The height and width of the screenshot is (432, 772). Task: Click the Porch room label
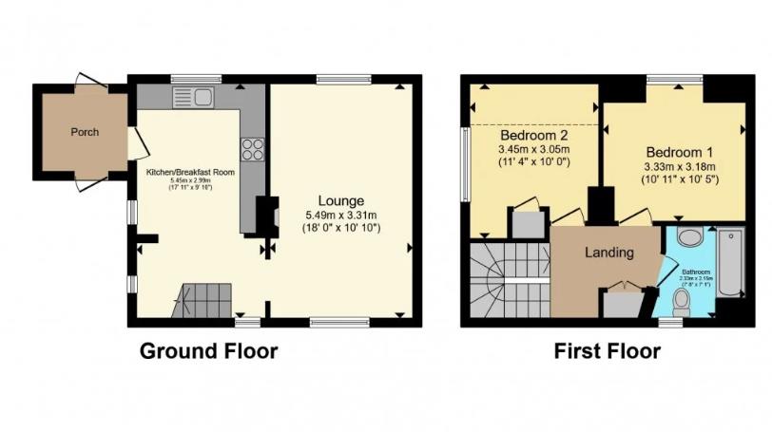(85, 132)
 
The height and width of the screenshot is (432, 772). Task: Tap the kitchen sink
(196, 96)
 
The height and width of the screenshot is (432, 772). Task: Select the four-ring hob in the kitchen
(254, 149)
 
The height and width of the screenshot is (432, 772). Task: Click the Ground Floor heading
(208, 351)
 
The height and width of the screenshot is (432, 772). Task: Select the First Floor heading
(607, 351)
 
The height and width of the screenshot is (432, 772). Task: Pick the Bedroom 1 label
(680, 152)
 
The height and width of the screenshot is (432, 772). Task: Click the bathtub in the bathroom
(731, 261)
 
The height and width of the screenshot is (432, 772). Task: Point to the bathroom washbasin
(691, 236)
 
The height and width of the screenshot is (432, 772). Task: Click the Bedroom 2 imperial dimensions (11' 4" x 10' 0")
(533, 161)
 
